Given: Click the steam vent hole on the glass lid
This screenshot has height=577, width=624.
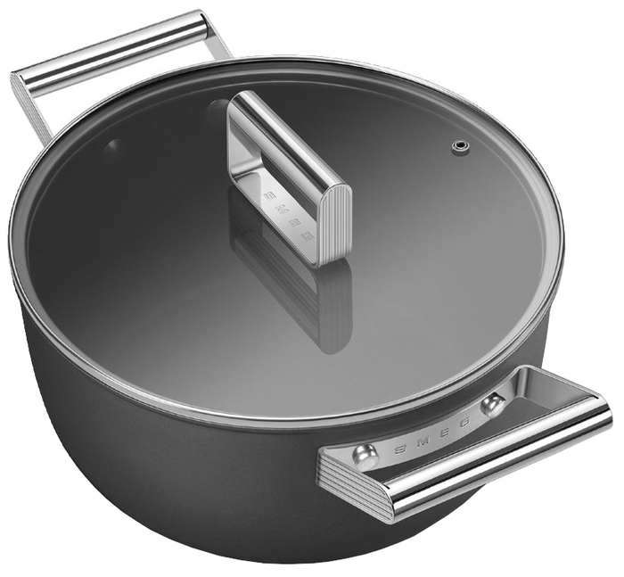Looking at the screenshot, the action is point(460,145).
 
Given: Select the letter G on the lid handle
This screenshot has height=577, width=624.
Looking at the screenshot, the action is point(308,238).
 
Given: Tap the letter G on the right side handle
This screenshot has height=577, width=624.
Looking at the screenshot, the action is point(464,420).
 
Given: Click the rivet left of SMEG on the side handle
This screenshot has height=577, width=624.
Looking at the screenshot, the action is point(365,454).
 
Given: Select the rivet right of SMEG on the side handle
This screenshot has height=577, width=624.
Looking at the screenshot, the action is point(493,403).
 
